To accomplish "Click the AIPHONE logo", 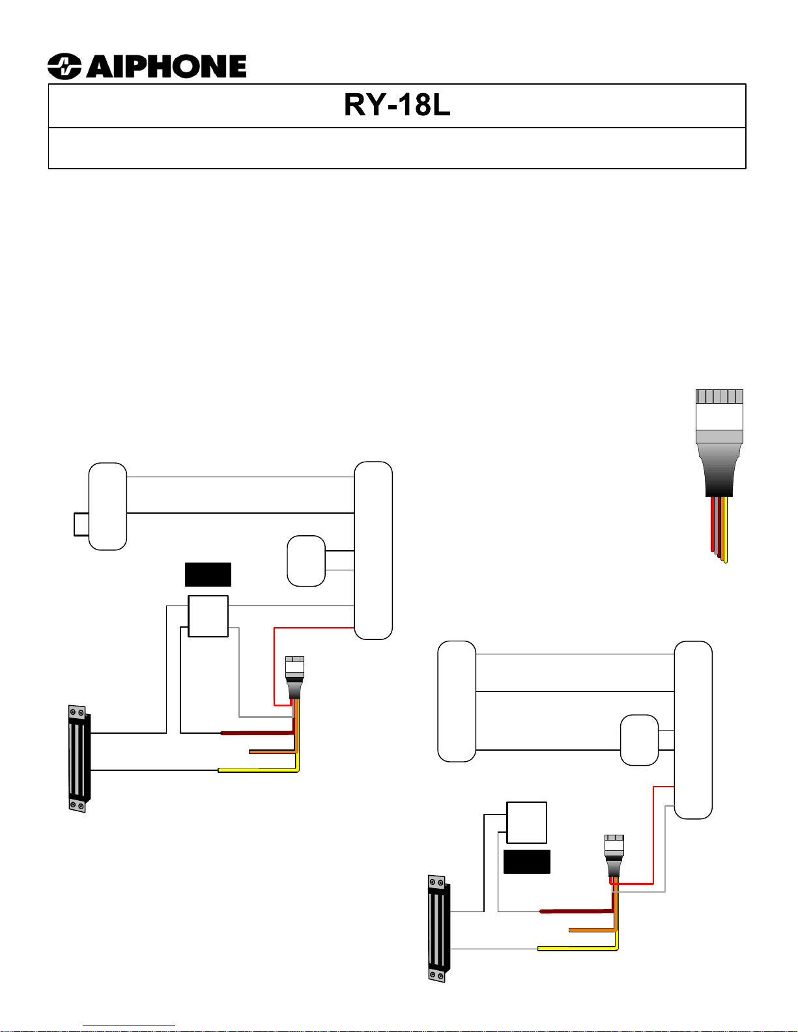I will (x=147, y=66).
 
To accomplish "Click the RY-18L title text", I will (x=397, y=105).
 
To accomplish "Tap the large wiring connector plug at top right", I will (x=719, y=443).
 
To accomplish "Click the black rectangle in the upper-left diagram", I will (x=208, y=574).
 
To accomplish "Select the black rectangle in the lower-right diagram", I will (x=526, y=861).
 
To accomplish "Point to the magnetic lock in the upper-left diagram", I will (x=78, y=759).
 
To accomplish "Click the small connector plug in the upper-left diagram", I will (x=294, y=678).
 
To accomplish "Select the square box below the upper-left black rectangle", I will (x=208, y=616).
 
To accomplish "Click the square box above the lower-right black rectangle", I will (x=526, y=823).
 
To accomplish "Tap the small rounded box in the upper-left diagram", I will (x=306, y=561).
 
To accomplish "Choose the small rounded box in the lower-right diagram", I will (x=639, y=740).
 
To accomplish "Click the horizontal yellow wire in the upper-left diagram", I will (x=257, y=770).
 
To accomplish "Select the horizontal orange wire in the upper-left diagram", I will (x=272, y=751).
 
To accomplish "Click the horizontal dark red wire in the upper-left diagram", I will (x=257, y=733).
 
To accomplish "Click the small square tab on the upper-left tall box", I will (x=81, y=524).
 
